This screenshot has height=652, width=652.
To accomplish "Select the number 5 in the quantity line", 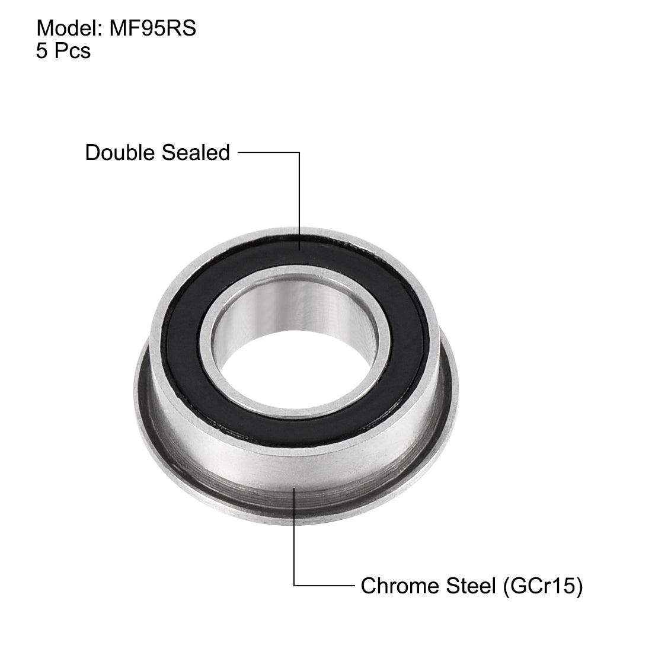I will (41, 51).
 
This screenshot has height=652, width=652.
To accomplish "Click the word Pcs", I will (72, 51).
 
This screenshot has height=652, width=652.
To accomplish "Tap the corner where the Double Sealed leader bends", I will (299, 153).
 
